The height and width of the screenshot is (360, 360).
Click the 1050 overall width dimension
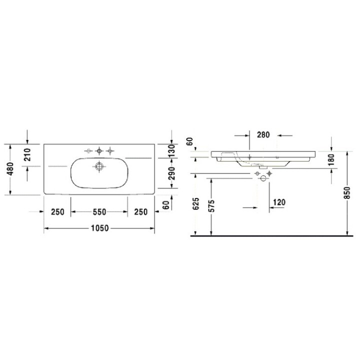click(100, 228)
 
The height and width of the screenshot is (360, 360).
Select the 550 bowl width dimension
click(99, 212)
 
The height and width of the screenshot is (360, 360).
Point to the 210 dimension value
click(27, 155)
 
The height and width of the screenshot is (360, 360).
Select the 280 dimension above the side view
click(263, 134)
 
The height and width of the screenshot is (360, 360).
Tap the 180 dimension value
click(331, 160)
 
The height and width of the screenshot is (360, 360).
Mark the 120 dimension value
click(279, 202)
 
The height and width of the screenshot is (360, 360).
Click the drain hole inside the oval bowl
click(99, 166)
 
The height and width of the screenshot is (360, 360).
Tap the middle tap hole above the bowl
click(99, 150)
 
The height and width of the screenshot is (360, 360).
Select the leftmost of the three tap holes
click(88, 150)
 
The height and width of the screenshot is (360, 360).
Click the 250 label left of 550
click(58, 212)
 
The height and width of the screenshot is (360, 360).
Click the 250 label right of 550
click(141, 212)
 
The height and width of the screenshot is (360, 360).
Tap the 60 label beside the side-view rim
click(189, 141)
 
